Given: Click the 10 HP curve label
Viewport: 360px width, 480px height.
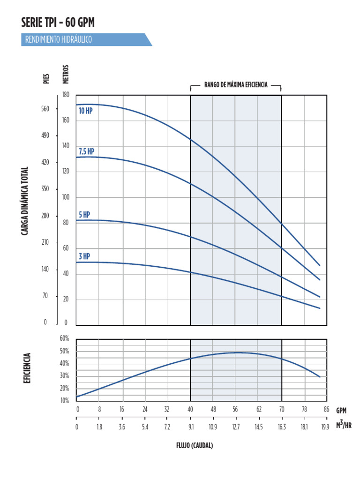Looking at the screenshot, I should click(x=85, y=111).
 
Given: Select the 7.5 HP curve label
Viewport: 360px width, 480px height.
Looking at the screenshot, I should click(x=86, y=151).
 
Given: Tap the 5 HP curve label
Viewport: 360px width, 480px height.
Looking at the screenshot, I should click(x=84, y=215).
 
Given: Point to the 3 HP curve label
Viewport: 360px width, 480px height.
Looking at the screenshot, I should click(x=84, y=256).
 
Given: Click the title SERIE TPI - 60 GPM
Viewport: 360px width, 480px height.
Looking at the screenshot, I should click(x=58, y=22).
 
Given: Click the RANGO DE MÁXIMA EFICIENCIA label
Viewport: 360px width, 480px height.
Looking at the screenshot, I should click(x=236, y=85).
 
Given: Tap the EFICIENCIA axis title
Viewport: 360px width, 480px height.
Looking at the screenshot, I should click(x=27, y=369).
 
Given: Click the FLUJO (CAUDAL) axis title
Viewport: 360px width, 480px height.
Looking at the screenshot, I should click(x=195, y=445).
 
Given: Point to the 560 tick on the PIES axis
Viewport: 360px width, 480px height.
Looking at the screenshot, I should click(x=45, y=109).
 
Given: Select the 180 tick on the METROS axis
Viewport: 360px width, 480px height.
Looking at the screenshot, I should click(x=66, y=95).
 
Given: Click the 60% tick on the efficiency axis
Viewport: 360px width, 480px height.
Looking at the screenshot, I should click(x=64, y=338).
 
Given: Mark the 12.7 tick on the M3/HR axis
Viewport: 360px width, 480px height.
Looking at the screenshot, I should click(x=235, y=427).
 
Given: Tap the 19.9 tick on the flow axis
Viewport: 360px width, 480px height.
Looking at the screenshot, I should click(x=325, y=427).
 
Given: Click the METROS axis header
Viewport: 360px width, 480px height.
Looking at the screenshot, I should click(x=66, y=74).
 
